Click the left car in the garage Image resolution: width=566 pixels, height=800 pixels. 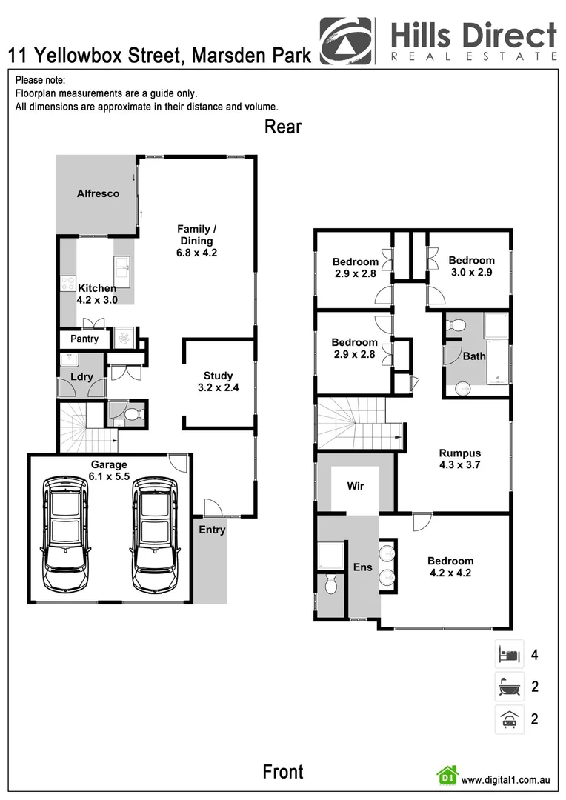click(65, 534)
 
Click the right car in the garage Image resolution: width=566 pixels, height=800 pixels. click(156, 534)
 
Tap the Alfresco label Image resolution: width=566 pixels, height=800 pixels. click(98, 194)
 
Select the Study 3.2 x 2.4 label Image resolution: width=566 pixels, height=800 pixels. click(219, 381)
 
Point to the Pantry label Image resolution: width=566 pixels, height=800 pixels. click(84, 339)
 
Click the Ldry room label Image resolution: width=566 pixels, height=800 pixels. click(81, 377)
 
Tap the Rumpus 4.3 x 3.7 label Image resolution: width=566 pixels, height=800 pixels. click(459, 459)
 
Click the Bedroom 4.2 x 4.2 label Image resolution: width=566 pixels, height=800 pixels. click(450, 567)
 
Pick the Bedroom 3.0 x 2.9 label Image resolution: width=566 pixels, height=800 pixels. click(471, 266)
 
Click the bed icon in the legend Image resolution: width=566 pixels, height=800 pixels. click(509, 655)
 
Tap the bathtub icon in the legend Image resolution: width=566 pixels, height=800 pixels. click(509, 687)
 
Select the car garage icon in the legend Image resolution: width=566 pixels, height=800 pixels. click(509, 719)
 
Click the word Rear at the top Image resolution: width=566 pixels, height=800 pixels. click(283, 127)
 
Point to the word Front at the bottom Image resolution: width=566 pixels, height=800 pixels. click(283, 772)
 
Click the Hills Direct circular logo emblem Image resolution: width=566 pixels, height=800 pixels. click(345, 41)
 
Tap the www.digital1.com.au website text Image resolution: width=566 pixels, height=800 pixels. click(505, 780)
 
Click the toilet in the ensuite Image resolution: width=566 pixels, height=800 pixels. click(330, 585)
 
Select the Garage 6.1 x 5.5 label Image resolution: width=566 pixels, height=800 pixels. click(109, 471)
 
